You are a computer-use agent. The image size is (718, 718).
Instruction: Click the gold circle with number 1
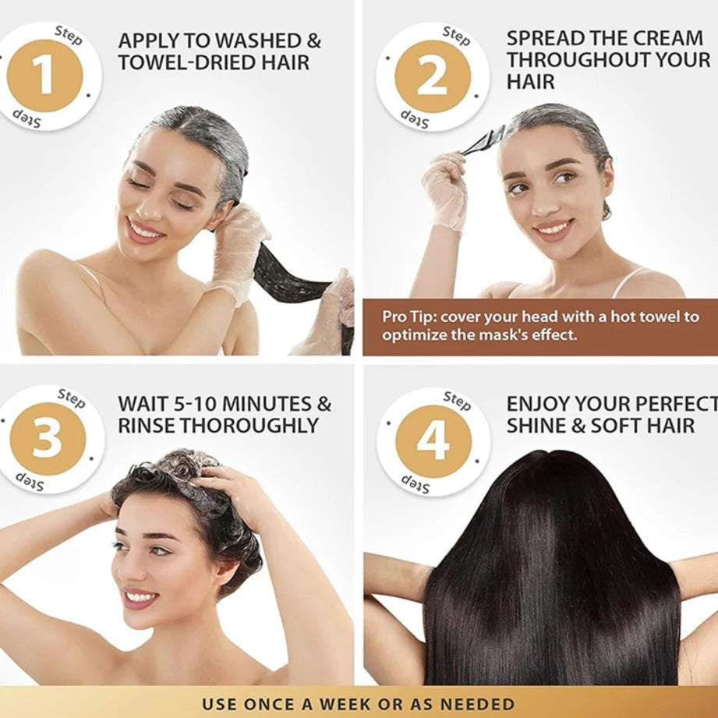point(44,76)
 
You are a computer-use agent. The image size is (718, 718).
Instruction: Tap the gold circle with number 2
point(433,76)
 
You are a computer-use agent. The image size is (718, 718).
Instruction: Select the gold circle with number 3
point(47,439)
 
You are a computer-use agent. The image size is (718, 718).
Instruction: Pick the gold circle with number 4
point(433,440)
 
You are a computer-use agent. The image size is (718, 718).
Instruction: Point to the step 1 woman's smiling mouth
point(146,232)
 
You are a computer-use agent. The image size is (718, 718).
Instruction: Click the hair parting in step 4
point(552,460)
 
